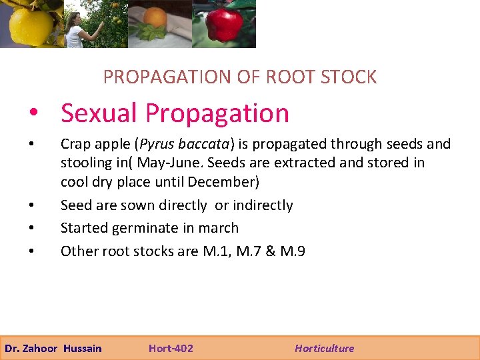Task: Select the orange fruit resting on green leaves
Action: (x=155, y=19)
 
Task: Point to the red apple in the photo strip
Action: (x=223, y=24)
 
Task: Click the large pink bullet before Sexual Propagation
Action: (x=42, y=115)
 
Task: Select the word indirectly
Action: (x=263, y=205)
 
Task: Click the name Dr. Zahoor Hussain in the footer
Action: (x=53, y=348)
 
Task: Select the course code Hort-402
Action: (x=171, y=348)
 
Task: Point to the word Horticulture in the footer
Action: (x=324, y=348)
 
